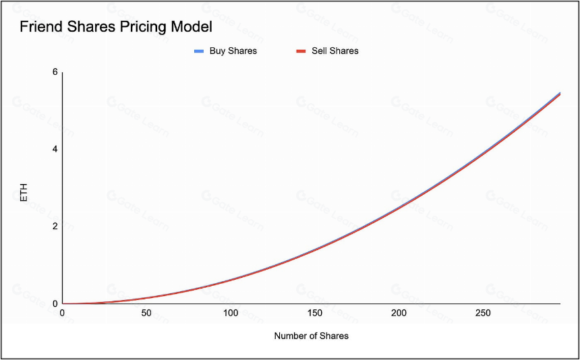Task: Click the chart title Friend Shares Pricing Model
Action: tap(116, 28)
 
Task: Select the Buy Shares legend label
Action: tap(233, 51)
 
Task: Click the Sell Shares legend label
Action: tap(335, 51)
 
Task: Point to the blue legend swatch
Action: tap(200, 51)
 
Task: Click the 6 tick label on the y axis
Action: tap(55, 72)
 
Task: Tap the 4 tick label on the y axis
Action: tap(55, 149)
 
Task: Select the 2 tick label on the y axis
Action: tap(55, 227)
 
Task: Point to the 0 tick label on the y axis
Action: tap(55, 303)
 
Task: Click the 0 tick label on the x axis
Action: tap(63, 313)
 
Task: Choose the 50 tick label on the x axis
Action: tap(146, 313)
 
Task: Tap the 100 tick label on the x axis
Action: tap(231, 313)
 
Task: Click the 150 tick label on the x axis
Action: tap(315, 313)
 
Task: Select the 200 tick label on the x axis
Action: tap(399, 313)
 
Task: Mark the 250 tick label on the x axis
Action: tap(483, 313)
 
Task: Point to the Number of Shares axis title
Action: tap(312, 336)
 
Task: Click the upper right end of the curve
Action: tap(560, 93)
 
